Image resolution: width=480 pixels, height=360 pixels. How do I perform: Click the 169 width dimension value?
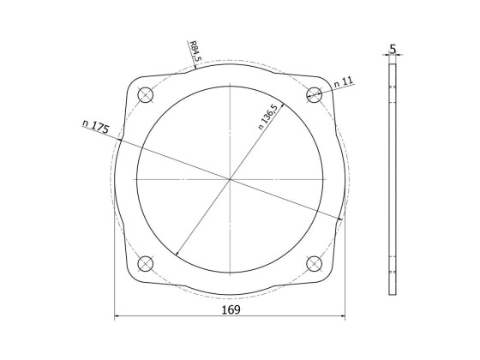[230, 309]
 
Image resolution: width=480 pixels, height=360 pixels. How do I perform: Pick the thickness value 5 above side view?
[393, 50]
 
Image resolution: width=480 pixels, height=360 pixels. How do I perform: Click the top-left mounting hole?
[145, 94]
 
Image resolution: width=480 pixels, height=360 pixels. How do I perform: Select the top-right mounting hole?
[315, 94]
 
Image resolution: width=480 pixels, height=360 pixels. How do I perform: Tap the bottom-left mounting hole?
[145, 263]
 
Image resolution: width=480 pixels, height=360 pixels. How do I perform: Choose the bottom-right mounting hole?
[315, 263]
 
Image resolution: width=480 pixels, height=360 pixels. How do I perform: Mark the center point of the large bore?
[230, 179]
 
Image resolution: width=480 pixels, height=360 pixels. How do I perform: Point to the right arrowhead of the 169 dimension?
[342, 318]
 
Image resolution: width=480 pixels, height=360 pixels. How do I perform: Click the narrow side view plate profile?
[393, 179]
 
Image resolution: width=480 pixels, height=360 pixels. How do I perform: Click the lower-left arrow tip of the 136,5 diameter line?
[176, 255]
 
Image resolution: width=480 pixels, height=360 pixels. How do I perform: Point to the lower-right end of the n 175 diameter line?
[342, 220]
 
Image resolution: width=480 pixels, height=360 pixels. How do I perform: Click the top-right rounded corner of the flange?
[327, 82]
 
